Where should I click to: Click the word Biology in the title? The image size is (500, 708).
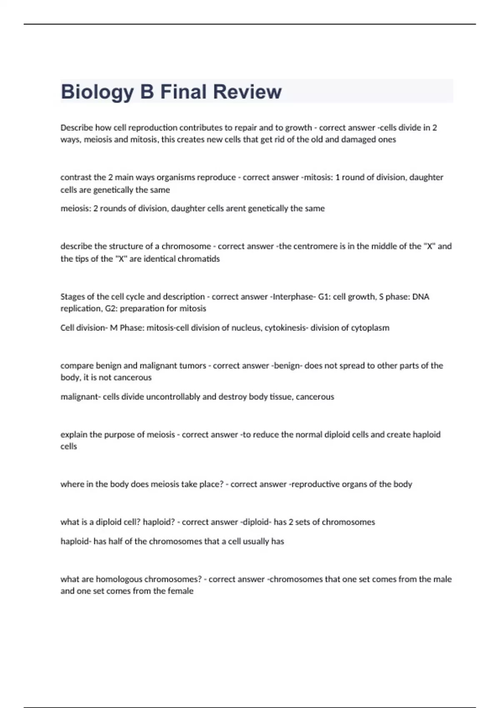click(x=97, y=92)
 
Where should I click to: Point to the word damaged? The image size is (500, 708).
click(x=358, y=140)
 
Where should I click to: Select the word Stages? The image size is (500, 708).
click(x=72, y=297)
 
